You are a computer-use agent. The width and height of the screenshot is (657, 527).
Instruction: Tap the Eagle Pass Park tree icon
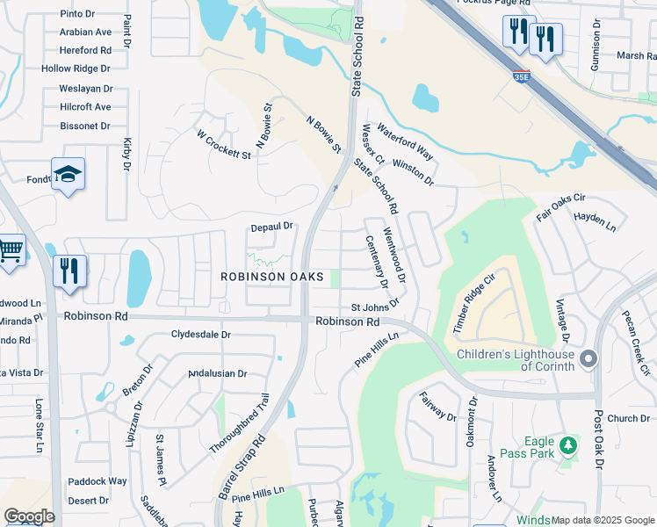tap(569, 445)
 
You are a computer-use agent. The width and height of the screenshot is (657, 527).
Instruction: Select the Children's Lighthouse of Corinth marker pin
tap(588, 358)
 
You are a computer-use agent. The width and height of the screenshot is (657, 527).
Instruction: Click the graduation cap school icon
tap(68, 174)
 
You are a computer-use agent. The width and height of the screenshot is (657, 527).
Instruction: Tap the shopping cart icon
tap(10, 250)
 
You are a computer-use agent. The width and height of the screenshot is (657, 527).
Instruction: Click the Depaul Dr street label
tap(271, 227)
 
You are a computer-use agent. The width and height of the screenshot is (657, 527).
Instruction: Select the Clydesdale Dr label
tap(200, 335)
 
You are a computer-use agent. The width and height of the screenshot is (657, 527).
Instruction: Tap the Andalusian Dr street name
tap(218, 373)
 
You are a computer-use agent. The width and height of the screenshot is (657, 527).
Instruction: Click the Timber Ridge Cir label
tap(474, 303)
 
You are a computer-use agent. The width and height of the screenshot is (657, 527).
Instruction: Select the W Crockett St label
tap(224, 145)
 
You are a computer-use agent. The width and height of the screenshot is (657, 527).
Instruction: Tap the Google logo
tap(30, 516)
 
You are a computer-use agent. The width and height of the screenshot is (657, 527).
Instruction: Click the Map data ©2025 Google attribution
tap(603, 520)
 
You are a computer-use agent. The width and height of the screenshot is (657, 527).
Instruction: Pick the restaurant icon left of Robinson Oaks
tap(69, 271)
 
